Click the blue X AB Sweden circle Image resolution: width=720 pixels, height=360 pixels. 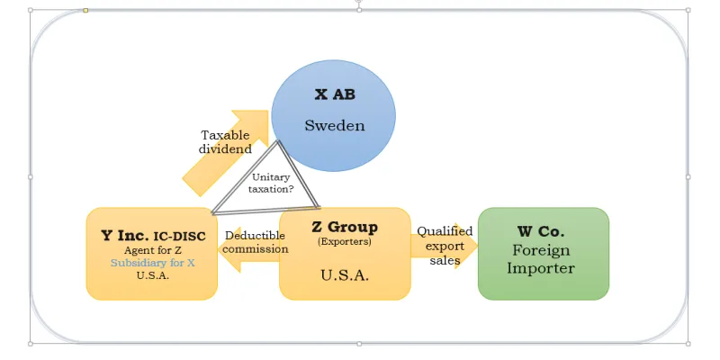334,148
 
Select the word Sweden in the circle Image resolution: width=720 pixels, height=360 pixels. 334,125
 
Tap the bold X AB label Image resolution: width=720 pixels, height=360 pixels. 334,94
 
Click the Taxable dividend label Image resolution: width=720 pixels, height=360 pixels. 225,142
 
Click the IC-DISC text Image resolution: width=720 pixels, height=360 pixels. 180,237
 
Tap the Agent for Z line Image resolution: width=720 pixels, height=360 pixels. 151,250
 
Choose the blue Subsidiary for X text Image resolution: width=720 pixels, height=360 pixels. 151,263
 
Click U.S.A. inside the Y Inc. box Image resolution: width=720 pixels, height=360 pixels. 151,275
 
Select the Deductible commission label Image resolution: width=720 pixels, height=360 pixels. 256,242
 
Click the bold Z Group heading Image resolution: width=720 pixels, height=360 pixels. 344,227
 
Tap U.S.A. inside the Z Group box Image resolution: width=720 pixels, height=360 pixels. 345,274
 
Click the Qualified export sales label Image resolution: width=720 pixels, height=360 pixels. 445,246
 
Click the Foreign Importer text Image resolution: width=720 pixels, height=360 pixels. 542,259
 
